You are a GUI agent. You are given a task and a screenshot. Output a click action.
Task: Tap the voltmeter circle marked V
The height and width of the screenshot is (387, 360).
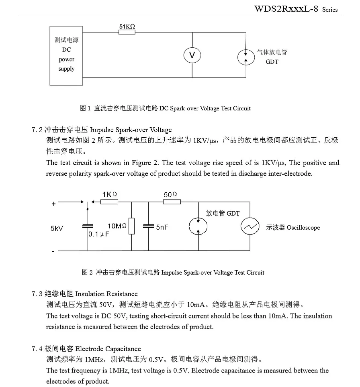pos(192,55)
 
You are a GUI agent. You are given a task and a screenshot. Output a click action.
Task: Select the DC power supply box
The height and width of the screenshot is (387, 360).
pos(66,55)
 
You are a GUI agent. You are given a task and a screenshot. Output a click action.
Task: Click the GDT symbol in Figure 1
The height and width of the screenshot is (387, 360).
pos(246,57)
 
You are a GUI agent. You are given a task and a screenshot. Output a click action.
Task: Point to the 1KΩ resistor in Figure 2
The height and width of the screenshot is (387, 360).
pos(109,202)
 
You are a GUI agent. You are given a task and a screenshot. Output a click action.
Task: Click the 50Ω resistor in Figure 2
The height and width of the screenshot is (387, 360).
pos(172,202)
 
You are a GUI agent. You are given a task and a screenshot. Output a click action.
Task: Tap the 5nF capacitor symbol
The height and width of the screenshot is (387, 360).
pos(148,227)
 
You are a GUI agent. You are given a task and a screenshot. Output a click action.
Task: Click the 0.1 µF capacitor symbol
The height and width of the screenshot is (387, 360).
pos(88,227)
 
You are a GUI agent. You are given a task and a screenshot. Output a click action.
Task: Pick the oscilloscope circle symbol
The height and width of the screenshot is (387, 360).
pos(250,227)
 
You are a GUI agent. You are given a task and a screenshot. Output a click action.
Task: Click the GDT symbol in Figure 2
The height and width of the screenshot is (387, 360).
pos(198,227)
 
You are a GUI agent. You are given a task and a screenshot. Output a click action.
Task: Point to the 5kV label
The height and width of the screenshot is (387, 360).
pos(57,228)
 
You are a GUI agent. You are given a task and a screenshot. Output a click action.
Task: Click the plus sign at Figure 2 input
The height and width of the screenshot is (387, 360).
pos(54,204)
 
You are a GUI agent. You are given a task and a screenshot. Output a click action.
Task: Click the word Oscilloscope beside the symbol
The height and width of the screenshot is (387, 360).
pos(303,228)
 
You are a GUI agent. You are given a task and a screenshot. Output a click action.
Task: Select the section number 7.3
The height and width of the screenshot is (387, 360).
pos(37,294)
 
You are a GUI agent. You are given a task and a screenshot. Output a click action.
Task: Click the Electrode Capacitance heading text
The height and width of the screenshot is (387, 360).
pos(108,348)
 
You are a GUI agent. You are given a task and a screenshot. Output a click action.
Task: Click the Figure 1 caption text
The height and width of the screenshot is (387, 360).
pos(165,108)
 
